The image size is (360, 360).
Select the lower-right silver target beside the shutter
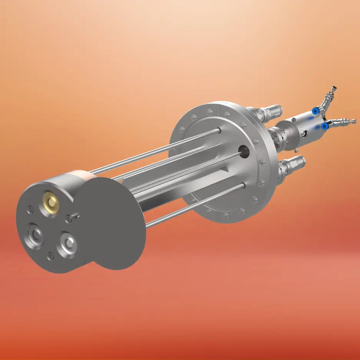click(68, 244)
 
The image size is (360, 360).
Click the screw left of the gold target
click(31, 209)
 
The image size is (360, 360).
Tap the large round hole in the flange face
click(243, 150)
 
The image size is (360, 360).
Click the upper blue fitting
click(315, 111)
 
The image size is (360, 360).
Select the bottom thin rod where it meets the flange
click(243, 186)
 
